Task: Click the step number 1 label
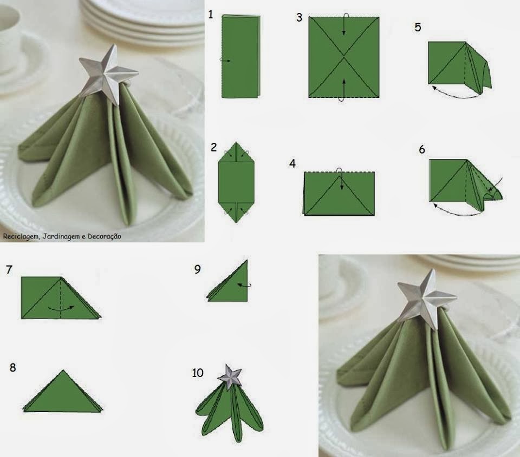coord(211,14)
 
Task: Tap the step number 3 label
coord(299,17)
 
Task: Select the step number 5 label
coord(418,27)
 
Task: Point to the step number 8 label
coord(12,368)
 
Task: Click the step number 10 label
coord(197,373)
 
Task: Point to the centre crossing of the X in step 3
coord(344,57)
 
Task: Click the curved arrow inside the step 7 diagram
coord(61,308)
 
